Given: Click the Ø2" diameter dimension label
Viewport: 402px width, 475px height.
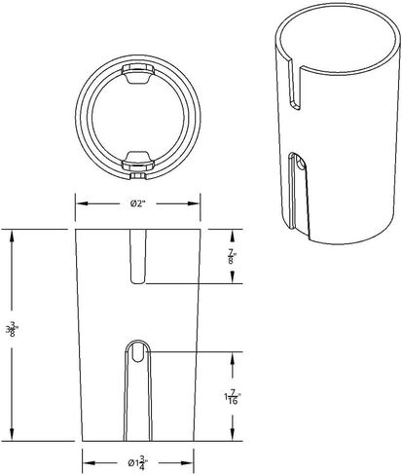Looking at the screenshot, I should (x=139, y=204).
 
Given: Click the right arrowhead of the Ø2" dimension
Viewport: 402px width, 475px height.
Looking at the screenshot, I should (x=198, y=204).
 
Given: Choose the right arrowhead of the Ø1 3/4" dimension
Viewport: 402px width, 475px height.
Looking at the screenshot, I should (x=192, y=462).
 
